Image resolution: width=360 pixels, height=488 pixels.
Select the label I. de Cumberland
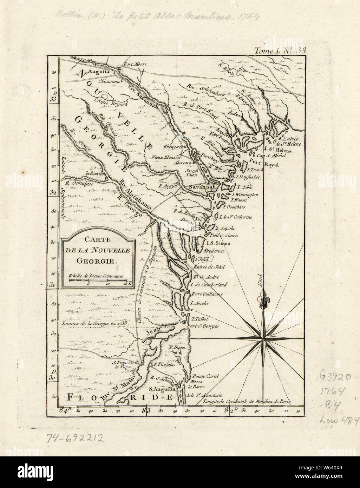[210, 284]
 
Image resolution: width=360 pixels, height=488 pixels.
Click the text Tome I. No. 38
[281, 50]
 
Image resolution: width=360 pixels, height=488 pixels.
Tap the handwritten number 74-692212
[75, 437]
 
